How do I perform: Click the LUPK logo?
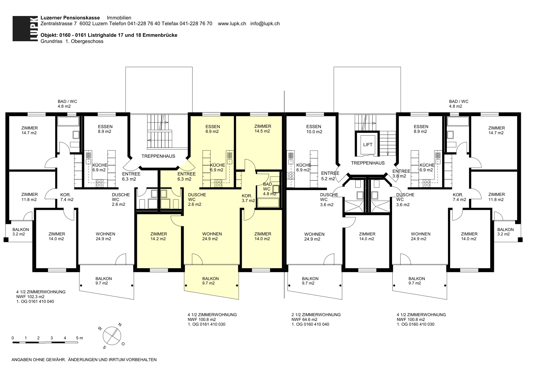[25, 29]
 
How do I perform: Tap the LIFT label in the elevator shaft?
[368, 144]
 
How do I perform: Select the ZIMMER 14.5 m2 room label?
[263, 129]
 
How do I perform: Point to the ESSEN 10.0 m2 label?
[314, 129]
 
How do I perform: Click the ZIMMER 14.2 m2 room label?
[158, 236]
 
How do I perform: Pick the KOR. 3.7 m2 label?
[248, 198]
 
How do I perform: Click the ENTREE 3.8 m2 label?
[401, 173]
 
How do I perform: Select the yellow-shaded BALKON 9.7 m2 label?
[210, 281]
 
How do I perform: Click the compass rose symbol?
[112, 336]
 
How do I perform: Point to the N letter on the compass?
[120, 325]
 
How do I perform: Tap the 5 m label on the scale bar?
[79, 338]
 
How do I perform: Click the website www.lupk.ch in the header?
[232, 24]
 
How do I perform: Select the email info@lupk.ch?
[265, 24]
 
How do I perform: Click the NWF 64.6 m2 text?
[305, 320]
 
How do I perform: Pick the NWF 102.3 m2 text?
[30, 297]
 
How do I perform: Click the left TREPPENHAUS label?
[158, 156]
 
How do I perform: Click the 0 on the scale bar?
[13, 338]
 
